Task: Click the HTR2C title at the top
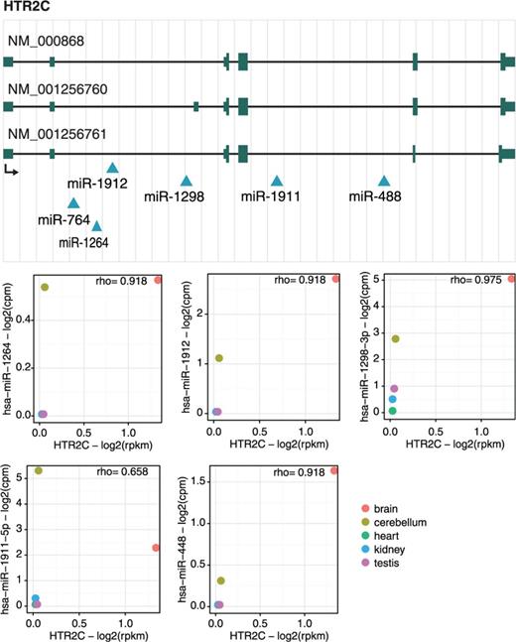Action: (x=28, y=9)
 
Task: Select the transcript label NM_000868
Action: (x=51, y=42)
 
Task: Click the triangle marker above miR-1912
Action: (x=112, y=169)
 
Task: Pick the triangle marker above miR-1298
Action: (x=186, y=181)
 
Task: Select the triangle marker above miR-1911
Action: (x=277, y=181)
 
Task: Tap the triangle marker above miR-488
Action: (x=384, y=181)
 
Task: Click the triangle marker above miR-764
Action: (x=72, y=203)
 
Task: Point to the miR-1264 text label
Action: (x=83, y=241)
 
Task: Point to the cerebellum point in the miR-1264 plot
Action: (x=45, y=287)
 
